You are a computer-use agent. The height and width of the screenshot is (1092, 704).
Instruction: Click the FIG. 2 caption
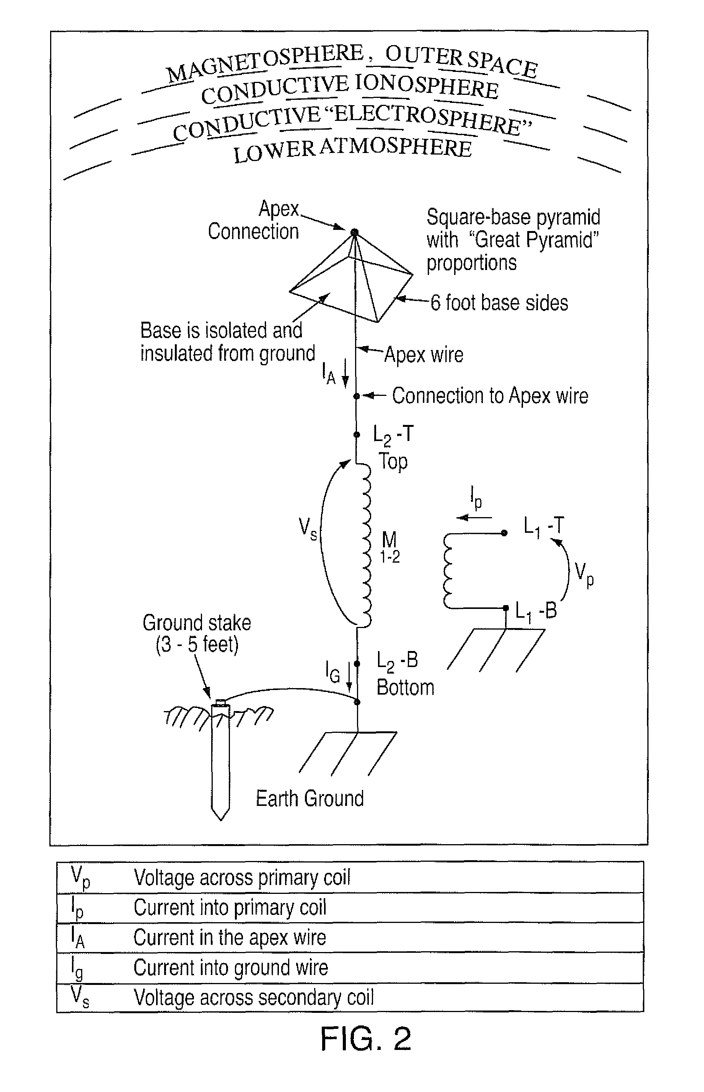[366, 1038]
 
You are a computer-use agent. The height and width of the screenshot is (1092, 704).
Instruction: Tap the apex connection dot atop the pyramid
[354, 233]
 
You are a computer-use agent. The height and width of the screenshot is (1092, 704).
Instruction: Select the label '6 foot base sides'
[499, 303]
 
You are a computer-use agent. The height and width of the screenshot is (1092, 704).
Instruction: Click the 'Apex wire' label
[424, 355]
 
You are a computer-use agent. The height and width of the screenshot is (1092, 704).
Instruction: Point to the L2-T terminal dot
[357, 435]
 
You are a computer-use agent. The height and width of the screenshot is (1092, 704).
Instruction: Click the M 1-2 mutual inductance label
[390, 547]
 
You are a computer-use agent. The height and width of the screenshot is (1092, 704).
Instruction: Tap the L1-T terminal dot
[504, 533]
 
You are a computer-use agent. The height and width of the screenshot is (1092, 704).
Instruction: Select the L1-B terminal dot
[505, 608]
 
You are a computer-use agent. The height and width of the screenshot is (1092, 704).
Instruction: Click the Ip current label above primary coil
[476, 498]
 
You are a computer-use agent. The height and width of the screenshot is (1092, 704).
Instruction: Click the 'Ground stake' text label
[197, 623]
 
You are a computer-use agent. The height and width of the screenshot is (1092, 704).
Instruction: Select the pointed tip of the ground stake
[221, 820]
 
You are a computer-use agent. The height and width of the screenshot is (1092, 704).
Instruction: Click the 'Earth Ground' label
[310, 798]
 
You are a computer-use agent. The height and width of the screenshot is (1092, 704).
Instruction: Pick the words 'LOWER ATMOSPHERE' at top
[352, 150]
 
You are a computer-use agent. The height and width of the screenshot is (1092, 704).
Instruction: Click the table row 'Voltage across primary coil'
[242, 878]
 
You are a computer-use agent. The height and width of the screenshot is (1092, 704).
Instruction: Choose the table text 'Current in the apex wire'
[230, 937]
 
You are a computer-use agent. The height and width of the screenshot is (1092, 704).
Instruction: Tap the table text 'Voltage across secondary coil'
[254, 997]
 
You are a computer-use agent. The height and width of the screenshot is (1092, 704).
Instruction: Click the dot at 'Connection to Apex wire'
[357, 396]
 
